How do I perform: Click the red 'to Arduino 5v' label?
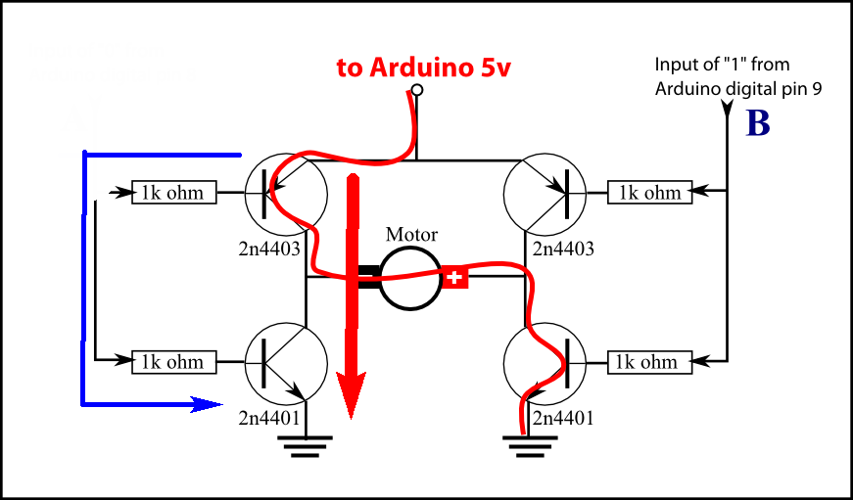click(x=423, y=68)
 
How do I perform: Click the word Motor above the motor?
click(x=411, y=235)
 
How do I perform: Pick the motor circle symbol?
click(x=410, y=278)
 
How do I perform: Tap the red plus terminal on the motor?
click(x=454, y=279)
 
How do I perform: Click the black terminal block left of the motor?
click(x=368, y=278)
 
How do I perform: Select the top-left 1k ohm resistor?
click(x=173, y=193)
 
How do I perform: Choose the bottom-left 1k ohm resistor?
click(x=173, y=362)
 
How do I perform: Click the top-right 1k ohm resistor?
click(x=648, y=193)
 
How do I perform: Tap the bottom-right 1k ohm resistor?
click(x=648, y=362)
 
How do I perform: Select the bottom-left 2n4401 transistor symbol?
click(x=284, y=362)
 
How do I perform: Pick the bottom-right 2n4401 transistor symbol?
click(x=544, y=362)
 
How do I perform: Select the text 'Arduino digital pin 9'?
click(x=738, y=88)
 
